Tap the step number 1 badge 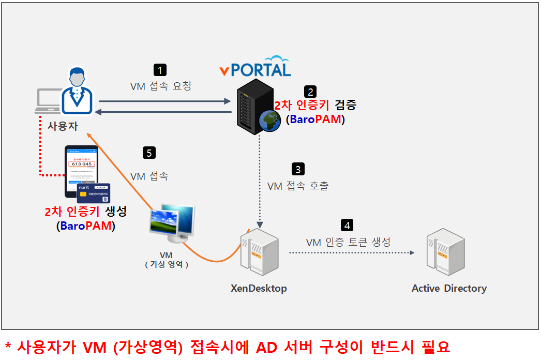click(161, 70)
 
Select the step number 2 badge click(310, 92)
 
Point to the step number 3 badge click(298, 169)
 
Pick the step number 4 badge click(348, 226)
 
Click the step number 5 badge click(149, 153)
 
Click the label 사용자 click(63, 126)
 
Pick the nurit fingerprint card click(95, 193)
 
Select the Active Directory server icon click(443, 253)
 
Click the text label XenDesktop click(259, 288)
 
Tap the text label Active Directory click(449, 288)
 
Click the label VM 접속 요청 click(161, 86)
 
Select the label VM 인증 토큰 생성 click(348, 242)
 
